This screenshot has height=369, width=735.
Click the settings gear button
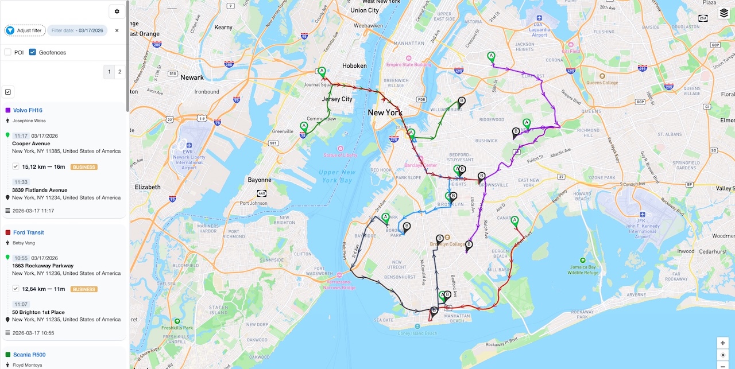pos(117,11)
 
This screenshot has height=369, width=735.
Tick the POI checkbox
pos(8,52)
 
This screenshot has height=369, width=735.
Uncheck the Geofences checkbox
pos(33,52)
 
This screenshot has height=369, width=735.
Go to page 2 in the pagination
pos(119,72)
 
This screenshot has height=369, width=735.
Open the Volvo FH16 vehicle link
pos(28,110)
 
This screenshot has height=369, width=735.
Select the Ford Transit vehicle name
pos(28,232)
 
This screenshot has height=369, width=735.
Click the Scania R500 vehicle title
pos(29,355)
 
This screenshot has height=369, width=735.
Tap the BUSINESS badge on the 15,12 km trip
pos(84,167)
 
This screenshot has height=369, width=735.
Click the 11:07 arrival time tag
pos(21,304)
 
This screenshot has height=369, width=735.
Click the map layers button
pos(724,13)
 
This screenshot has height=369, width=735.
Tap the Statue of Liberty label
pos(341,155)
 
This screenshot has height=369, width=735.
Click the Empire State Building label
pos(408,64)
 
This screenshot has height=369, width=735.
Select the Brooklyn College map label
pos(448,244)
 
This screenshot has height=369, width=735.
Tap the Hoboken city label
pos(354,66)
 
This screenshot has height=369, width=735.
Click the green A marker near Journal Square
pos(322,72)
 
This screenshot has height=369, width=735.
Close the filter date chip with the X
pos(117,30)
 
